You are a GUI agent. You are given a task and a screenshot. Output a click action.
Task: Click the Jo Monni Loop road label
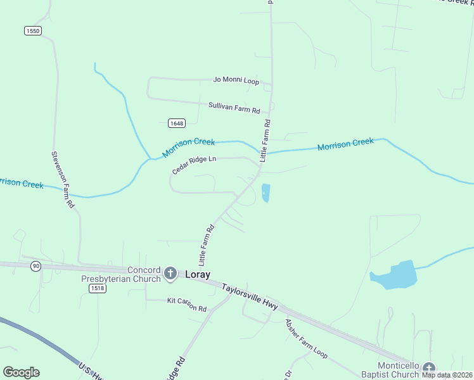point(236,80)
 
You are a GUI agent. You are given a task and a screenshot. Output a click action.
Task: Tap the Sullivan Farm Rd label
point(234,107)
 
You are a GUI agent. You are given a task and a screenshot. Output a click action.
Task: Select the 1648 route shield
point(177,123)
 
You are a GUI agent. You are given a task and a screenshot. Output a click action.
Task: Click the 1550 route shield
point(33,30)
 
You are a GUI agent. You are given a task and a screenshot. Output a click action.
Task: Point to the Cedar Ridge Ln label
point(195,165)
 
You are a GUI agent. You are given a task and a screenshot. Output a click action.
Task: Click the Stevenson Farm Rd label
point(63,180)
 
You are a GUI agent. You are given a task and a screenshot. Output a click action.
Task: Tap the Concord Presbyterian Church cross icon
point(170,274)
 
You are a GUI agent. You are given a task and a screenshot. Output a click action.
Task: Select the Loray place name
point(198,275)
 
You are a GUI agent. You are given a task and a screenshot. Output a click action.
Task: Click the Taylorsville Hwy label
point(250,295)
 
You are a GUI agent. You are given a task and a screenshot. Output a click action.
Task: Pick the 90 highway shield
point(36,266)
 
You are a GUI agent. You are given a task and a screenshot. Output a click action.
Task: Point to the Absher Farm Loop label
point(306,337)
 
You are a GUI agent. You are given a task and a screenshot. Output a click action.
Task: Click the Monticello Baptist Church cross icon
point(429,368)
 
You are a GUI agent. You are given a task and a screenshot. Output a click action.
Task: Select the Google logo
point(21,372)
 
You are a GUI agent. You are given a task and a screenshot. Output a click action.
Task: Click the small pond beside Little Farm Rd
point(266,193)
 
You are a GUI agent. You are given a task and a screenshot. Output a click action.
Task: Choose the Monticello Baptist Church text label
point(399,370)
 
